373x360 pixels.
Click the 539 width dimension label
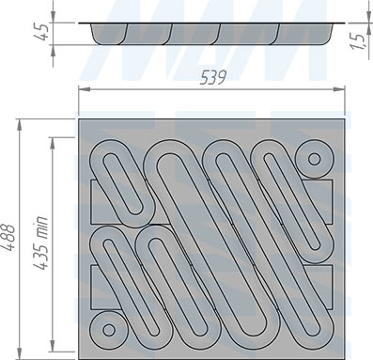[x=212, y=77]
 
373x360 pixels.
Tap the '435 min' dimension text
[x=40, y=243]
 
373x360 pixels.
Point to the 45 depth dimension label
[x=41, y=33]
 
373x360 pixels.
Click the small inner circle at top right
[x=314, y=159]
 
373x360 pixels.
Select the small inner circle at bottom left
[x=109, y=330]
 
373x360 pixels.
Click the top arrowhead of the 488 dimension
[x=20, y=125]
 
